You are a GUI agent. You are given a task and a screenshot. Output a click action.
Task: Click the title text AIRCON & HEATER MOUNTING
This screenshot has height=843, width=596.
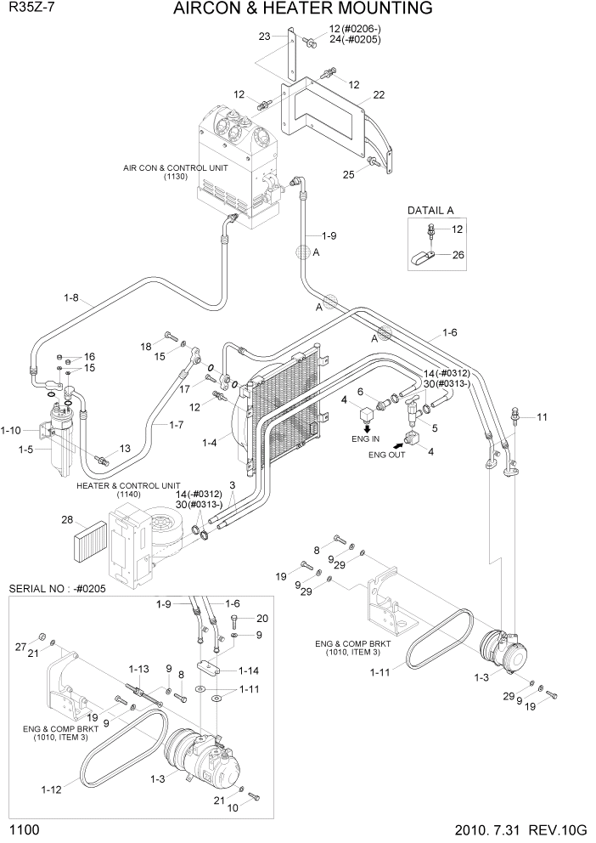coord(302,9)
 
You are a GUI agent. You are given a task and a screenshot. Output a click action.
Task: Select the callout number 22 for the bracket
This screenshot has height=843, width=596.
coord(379,94)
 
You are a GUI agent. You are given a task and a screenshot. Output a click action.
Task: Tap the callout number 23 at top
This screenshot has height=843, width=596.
coord(265,37)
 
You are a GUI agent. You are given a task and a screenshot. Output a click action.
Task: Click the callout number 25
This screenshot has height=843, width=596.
coord(349,175)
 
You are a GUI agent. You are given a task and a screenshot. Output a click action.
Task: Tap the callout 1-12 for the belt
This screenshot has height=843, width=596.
coord(50,790)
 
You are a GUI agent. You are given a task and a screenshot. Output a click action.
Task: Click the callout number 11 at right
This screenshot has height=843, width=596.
coord(542,416)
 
